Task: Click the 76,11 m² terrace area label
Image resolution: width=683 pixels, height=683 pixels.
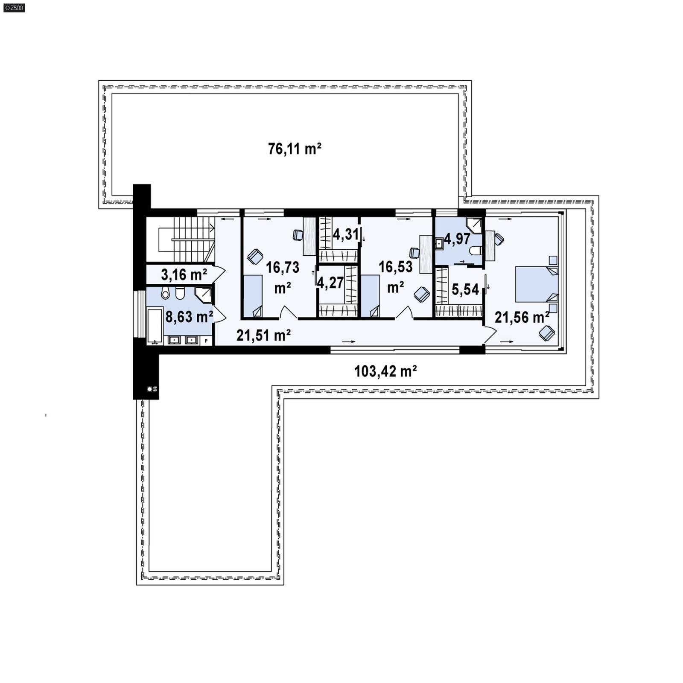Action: click(295, 149)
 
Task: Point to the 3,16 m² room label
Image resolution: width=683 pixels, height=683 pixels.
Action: click(184, 274)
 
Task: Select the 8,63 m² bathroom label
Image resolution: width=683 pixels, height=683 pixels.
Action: click(189, 316)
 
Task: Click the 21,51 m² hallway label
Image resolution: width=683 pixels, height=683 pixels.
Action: click(264, 335)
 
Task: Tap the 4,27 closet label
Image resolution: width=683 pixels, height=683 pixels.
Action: click(330, 283)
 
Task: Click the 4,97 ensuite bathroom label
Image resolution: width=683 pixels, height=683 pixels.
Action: click(457, 239)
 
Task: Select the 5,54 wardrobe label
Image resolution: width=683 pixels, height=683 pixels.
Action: click(465, 289)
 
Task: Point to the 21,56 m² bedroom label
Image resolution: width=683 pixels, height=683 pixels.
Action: click(522, 317)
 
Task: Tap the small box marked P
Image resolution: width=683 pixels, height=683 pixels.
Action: click(206, 341)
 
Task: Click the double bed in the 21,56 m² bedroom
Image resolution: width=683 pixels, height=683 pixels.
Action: click(537, 284)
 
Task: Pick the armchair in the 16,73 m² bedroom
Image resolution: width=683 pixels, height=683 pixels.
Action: click(255, 257)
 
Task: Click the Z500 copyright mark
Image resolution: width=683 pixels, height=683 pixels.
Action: click(14, 7)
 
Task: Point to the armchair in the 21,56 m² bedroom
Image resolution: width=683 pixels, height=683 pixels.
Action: click(547, 333)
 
